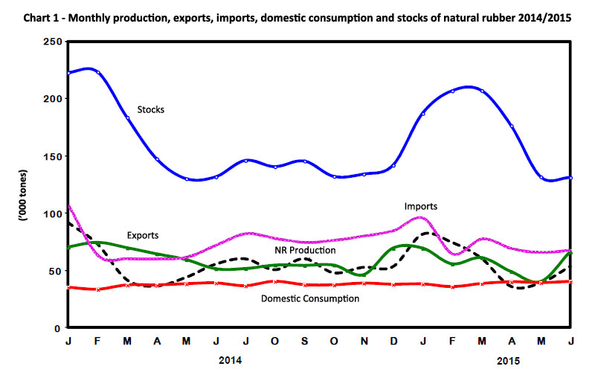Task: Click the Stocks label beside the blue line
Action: (x=150, y=109)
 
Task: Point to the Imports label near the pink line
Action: (x=421, y=205)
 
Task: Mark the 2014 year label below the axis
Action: (x=231, y=359)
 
